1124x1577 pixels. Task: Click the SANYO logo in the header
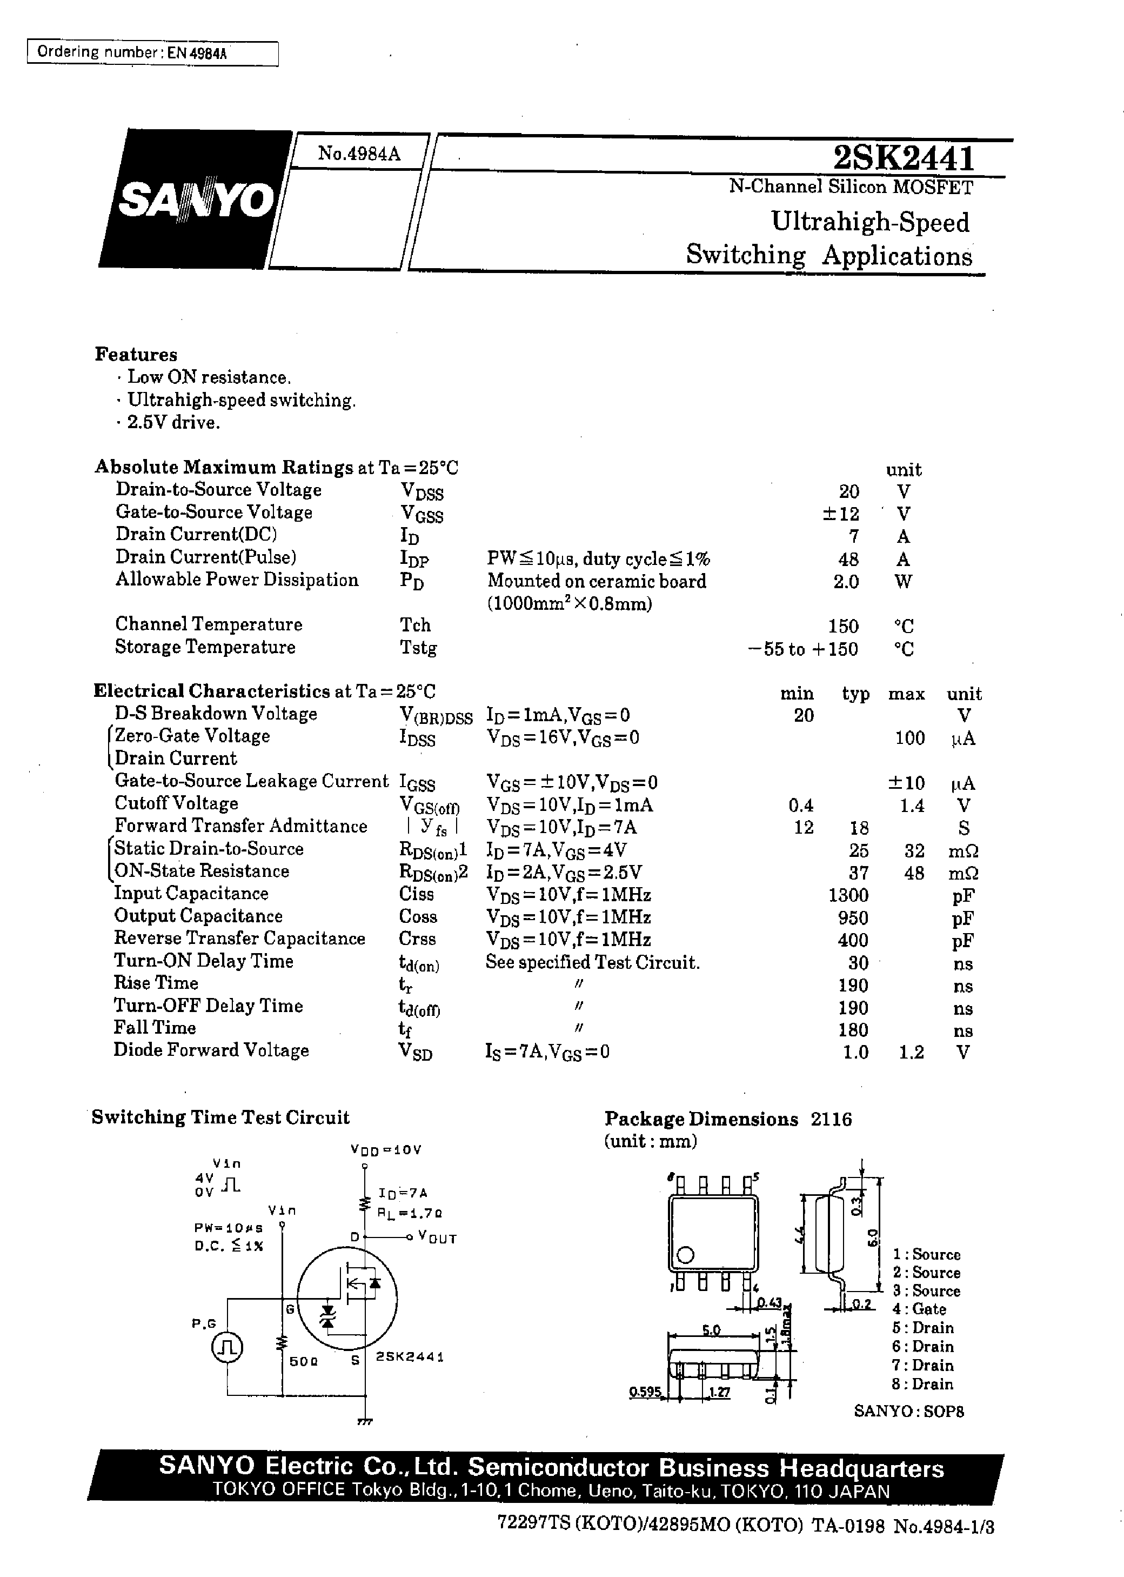196,200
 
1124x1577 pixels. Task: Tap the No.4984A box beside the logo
358,153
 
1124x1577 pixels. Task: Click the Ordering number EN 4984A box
152,52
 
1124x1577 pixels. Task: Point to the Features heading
136,355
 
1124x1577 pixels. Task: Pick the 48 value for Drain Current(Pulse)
848,558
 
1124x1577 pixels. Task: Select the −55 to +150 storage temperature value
804,649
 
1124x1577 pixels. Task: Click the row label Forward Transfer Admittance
241,826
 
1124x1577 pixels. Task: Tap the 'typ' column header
855,694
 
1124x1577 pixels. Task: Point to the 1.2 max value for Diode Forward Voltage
911,1052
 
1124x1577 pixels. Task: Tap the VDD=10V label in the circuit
385,1150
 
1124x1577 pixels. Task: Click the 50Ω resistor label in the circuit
304,1360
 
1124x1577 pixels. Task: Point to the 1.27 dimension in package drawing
720,1392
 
